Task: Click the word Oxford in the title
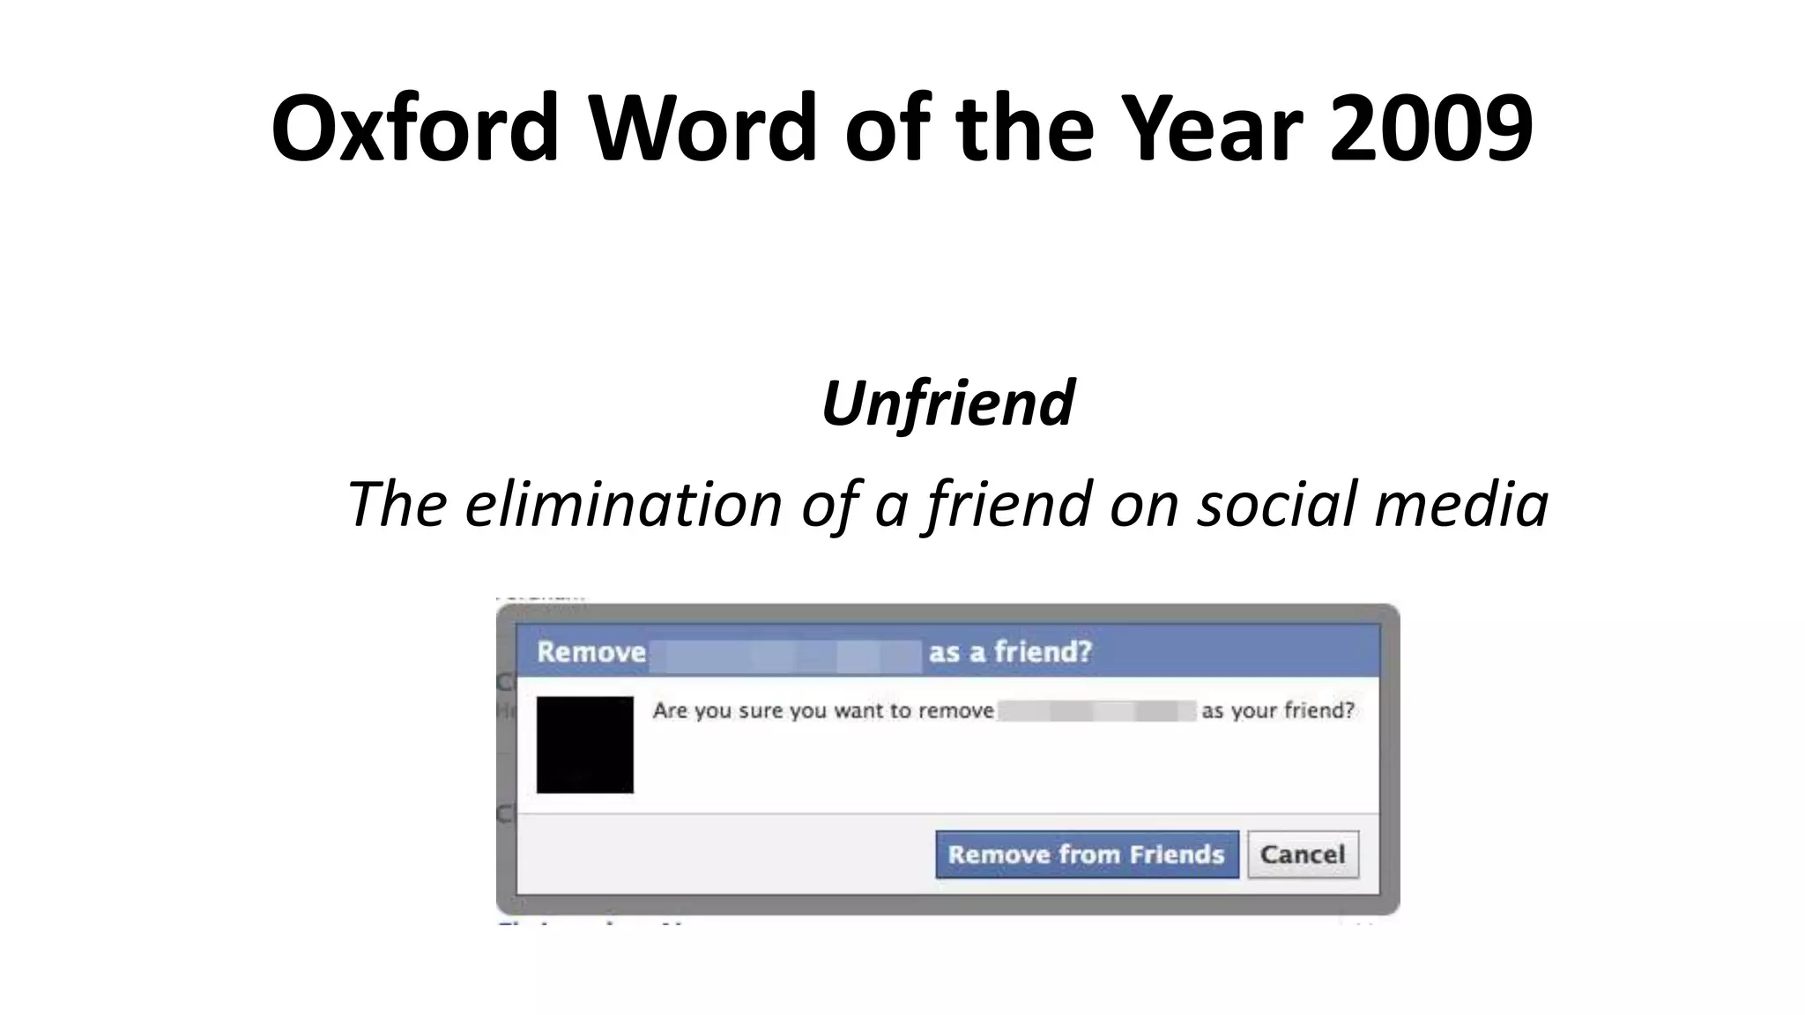point(415,128)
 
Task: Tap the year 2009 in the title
point(1431,128)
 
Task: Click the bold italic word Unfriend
point(947,403)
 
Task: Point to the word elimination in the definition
point(623,504)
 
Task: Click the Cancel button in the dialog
point(1303,854)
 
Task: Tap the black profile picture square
point(584,745)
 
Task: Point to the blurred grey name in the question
point(1097,711)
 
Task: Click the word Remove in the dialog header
point(591,652)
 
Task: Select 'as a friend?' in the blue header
point(1010,652)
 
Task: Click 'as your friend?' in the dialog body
point(1277,710)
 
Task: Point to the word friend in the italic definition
point(1009,504)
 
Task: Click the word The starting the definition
point(397,504)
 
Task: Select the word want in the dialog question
point(856,711)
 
